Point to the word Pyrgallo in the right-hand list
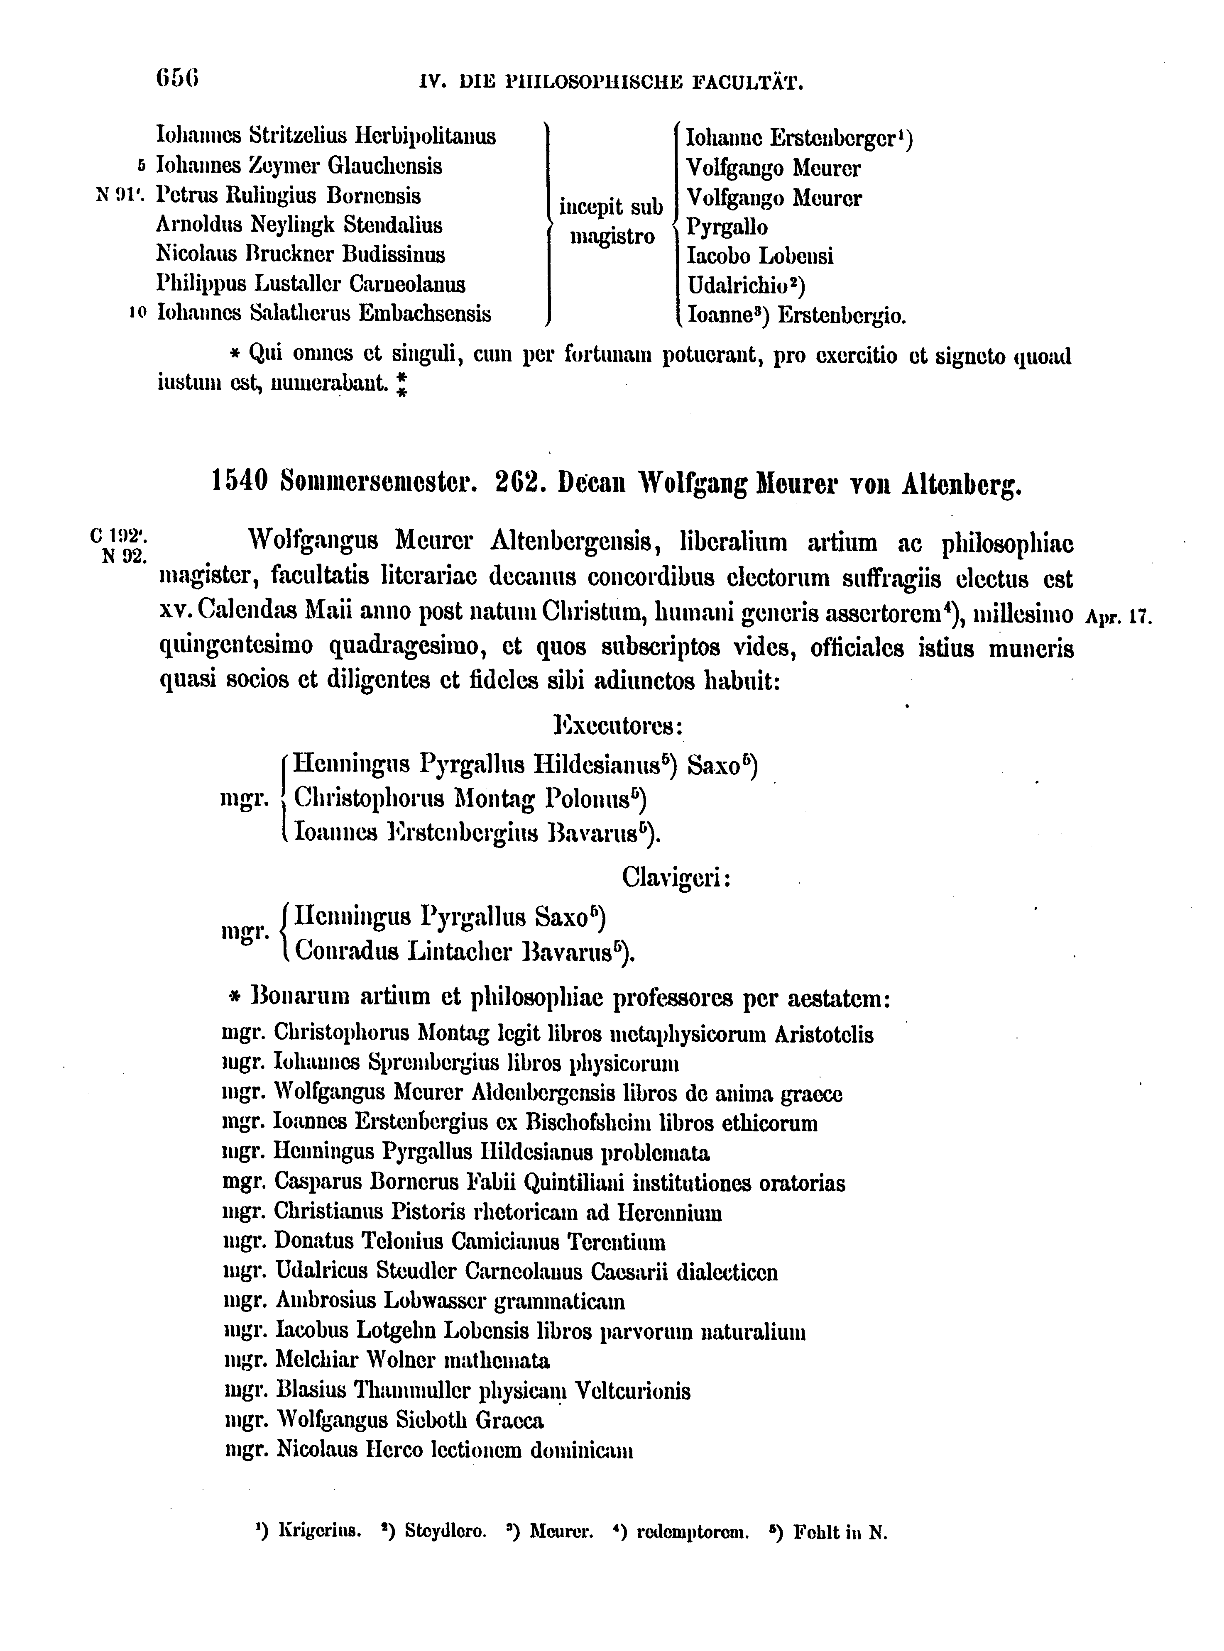727,227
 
